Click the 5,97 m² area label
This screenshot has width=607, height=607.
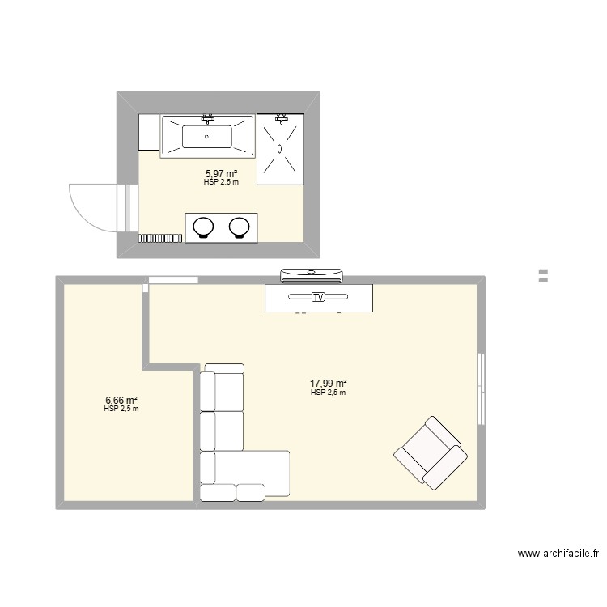coord(221,174)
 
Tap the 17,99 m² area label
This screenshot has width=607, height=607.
coord(328,384)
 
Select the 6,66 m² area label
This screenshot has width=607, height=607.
coord(121,400)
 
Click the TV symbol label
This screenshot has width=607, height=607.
coord(318,297)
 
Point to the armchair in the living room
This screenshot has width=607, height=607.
coord(431,452)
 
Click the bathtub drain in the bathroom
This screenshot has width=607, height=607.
coord(206,137)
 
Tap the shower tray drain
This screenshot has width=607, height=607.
coord(280,149)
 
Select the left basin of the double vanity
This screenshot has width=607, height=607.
coord(203,227)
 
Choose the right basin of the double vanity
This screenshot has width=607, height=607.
coord(239,227)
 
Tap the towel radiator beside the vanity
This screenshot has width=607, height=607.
coord(160,238)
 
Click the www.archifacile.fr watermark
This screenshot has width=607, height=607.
coord(558,554)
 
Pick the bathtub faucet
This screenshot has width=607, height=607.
coord(208,118)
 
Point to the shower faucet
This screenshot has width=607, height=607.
coord(280,117)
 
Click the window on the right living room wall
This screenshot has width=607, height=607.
coord(482,388)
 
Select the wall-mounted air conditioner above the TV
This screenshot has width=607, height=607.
coord(312,275)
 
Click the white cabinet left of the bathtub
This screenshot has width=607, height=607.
coord(149,132)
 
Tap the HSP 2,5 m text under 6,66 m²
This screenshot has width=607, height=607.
coord(121,409)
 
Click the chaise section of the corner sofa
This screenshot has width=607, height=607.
coord(252,473)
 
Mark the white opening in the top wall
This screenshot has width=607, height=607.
coord(173,280)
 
